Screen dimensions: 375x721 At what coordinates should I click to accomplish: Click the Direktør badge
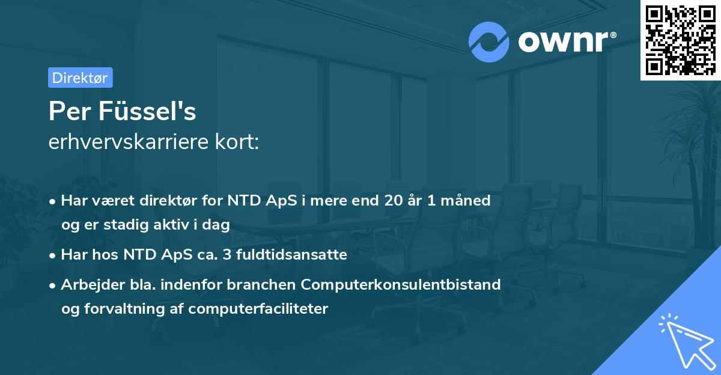click(80, 78)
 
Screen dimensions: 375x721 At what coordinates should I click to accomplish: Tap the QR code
click(680, 40)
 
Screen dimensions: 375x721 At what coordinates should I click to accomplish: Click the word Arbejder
click(88, 284)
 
